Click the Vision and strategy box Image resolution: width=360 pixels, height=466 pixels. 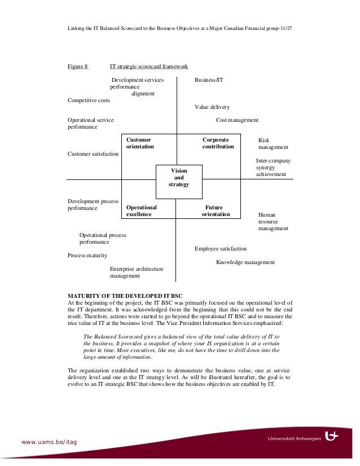[178, 178]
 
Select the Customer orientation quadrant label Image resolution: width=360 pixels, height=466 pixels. [140, 143]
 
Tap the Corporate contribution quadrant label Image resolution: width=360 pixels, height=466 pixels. [218, 143]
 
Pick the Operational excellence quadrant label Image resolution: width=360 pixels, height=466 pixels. [142, 211]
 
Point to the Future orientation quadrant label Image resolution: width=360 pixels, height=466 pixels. [216, 211]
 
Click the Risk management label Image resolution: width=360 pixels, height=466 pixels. [273, 143]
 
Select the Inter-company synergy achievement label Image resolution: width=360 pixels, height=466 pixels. [274, 168]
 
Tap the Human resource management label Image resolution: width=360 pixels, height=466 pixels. [273, 222]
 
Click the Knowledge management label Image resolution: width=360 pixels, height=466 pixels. [245, 262]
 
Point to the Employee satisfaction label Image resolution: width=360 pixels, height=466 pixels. [221, 248]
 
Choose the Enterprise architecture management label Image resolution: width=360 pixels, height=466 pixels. [137, 272]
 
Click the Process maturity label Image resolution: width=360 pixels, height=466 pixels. [87, 256]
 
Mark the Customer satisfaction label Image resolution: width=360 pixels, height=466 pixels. [93, 153]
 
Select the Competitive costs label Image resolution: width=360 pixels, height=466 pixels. [89, 100]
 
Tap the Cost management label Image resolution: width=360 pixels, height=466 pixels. [237, 120]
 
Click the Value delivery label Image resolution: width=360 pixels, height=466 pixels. [212, 107]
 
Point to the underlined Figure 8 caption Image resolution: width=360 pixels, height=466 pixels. [78, 67]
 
